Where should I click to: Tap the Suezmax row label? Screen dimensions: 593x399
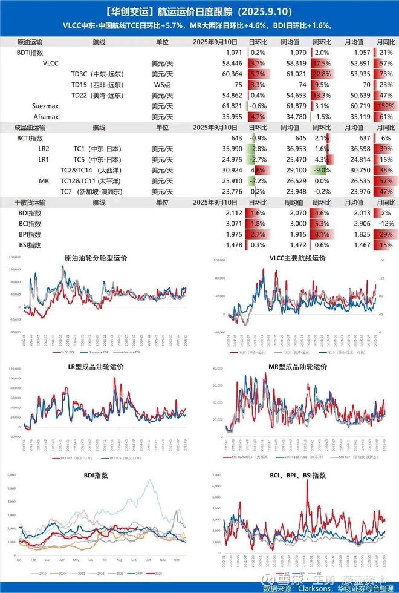coord(45,106)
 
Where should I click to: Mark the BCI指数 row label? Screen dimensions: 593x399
coord(29,224)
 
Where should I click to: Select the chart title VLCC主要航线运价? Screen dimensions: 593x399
coord(297,258)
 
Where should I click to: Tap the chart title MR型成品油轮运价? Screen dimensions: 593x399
coord(297,367)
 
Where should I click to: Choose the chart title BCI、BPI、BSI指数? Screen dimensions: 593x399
coord(297,476)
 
